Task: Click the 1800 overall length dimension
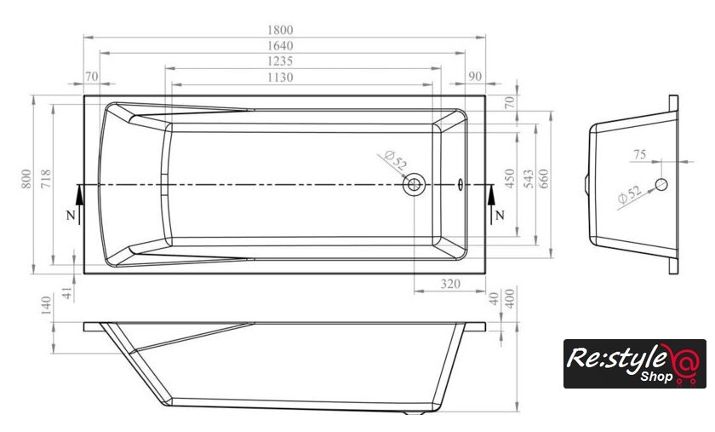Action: coord(280,30)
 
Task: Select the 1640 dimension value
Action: coord(280,46)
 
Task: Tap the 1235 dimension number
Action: coord(280,61)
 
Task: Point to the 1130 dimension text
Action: coord(280,78)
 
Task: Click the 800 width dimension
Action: coord(26,179)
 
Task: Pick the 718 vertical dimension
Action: coord(46,179)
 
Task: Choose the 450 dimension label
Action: coord(510,178)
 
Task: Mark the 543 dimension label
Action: coord(529,179)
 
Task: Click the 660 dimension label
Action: coord(544,179)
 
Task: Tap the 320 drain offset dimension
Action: coord(450,284)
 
